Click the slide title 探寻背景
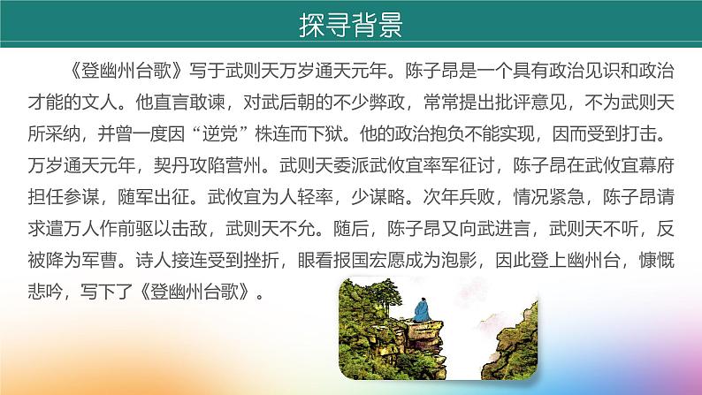350,25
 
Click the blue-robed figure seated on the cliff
416,308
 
